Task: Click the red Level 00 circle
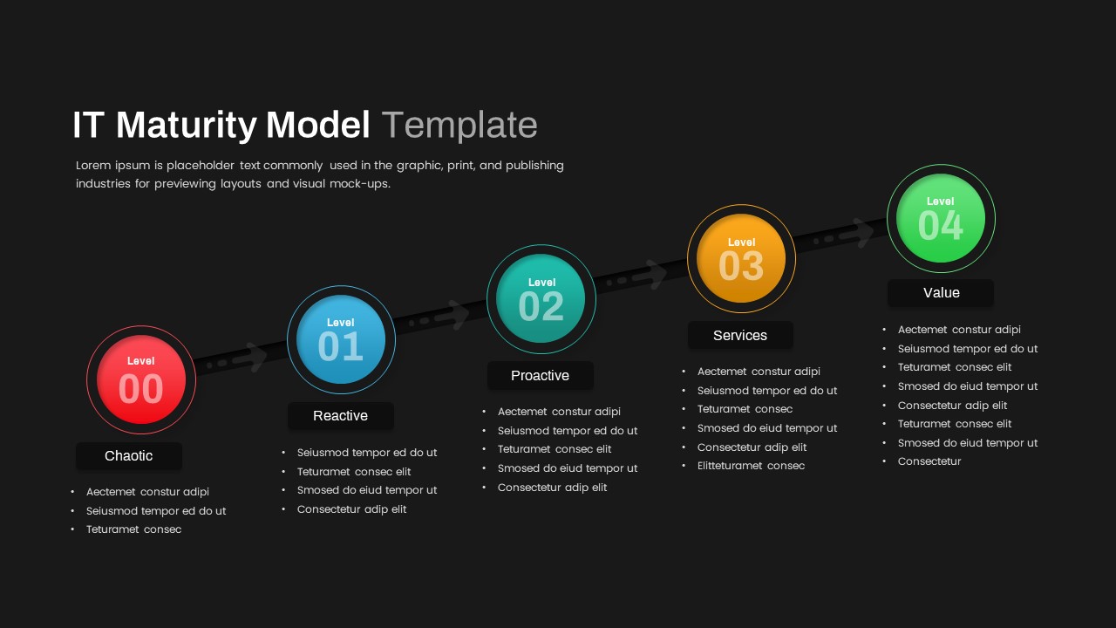coord(141,379)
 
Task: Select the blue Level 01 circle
coord(341,339)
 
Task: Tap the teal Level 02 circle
coord(541,298)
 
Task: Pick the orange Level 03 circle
coord(741,258)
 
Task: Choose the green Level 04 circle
coord(941,218)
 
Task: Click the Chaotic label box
coord(128,455)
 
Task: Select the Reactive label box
coord(341,416)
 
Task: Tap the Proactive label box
coord(540,375)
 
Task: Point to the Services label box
coord(740,335)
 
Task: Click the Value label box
coord(941,292)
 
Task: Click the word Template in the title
coord(459,125)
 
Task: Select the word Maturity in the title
coord(187,125)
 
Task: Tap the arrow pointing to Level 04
coord(843,235)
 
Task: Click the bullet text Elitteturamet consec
coord(751,466)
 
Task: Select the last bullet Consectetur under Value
coord(929,461)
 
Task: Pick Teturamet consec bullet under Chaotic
coord(133,529)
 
